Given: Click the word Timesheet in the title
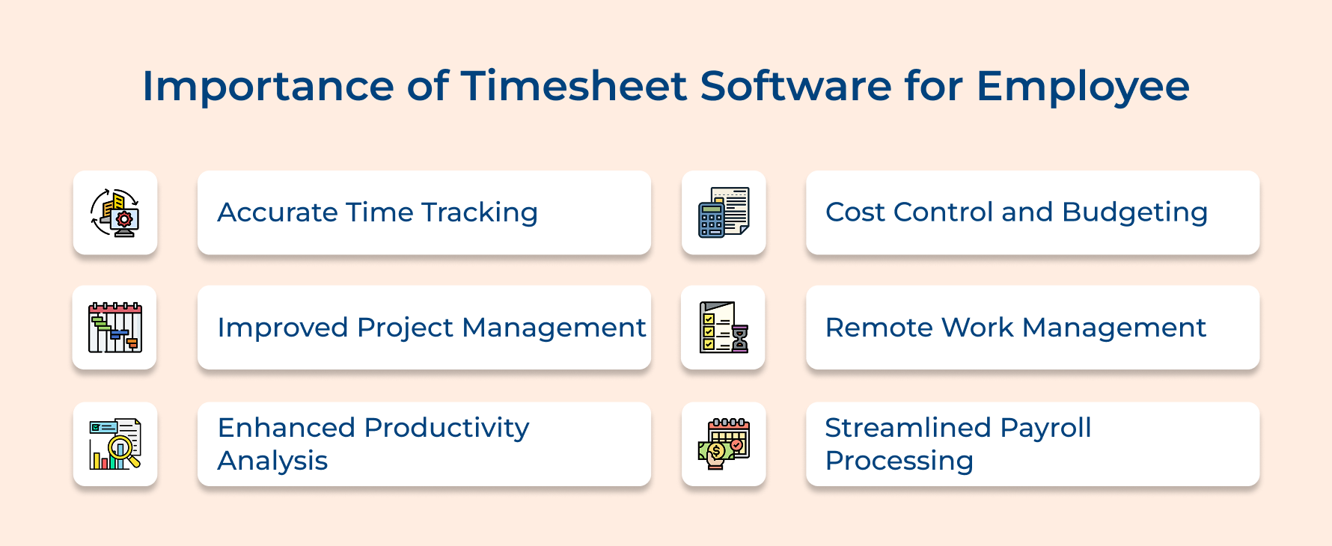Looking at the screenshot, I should click(x=573, y=86).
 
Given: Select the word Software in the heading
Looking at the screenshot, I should click(x=795, y=86).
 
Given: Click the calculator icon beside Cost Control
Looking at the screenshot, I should click(x=724, y=212).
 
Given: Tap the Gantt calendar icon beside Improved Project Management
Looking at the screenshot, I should click(x=114, y=328).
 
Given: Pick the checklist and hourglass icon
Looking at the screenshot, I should click(x=724, y=328).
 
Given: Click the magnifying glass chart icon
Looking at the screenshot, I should click(x=114, y=444).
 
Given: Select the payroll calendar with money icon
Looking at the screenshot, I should click(x=724, y=444).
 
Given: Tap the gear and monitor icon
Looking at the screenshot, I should click(x=114, y=212).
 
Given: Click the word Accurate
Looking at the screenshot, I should click(x=277, y=212).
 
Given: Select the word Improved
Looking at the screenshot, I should click(x=283, y=328).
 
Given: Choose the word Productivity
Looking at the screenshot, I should click(x=447, y=428).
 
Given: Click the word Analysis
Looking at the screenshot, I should click(x=272, y=461).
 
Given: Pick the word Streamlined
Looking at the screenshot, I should click(x=907, y=428).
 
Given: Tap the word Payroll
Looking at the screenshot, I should click(x=1045, y=428).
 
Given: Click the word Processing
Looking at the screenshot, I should click(x=899, y=461).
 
